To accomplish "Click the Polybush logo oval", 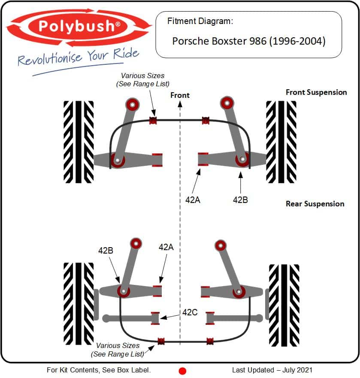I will click(79, 27).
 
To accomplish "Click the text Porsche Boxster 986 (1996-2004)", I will click(249, 41).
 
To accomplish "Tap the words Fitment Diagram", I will click(200, 21).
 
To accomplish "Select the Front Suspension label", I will click(316, 92).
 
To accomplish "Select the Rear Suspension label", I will click(315, 204).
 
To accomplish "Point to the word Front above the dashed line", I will click(180, 95).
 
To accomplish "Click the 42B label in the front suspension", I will click(240, 200).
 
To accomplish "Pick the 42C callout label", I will click(190, 312).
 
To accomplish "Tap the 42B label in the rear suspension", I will click(106, 251).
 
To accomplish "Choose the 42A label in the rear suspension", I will click(166, 247).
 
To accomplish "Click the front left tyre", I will click(79, 142).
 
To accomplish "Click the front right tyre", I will click(281, 142).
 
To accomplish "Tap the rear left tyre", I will click(79, 304).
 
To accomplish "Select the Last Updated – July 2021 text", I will click(272, 370).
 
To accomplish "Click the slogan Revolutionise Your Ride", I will click(78, 57).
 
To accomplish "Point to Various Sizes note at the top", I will click(143, 80).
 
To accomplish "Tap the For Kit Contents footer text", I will click(99, 370).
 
